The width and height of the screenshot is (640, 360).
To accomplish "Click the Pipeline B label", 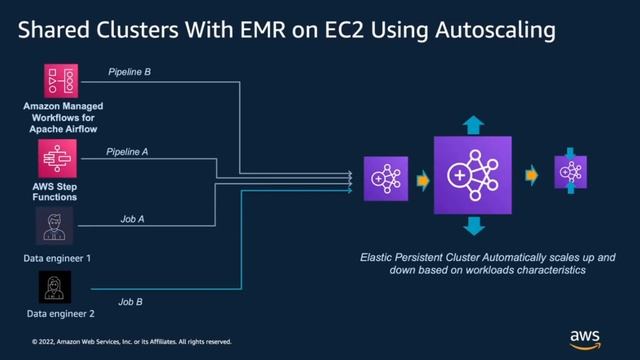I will click(x=131, y=72).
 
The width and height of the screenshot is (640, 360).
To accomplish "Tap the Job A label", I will click(x=132, y=218).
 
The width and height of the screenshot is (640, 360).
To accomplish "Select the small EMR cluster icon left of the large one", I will click(x=384, y=177).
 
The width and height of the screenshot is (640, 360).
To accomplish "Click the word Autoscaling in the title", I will click(x=493, y=31).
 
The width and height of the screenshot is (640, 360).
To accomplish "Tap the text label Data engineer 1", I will click(x=57, y=258).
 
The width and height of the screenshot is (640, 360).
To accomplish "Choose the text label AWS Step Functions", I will click(x=57, y=191).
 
